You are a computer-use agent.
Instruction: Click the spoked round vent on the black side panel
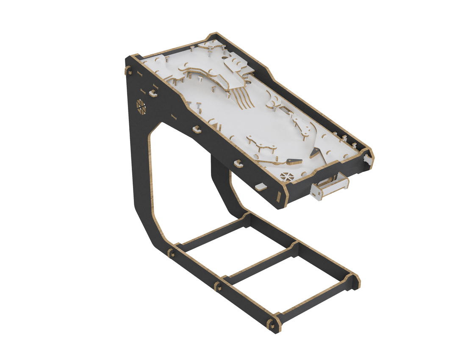(141, 107)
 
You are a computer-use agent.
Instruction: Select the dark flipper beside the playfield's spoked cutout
(292, 161)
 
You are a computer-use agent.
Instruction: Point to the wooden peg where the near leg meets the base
(172, 253)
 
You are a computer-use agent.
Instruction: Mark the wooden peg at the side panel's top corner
(127, 70)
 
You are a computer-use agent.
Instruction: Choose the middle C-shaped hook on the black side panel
(197, 129)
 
